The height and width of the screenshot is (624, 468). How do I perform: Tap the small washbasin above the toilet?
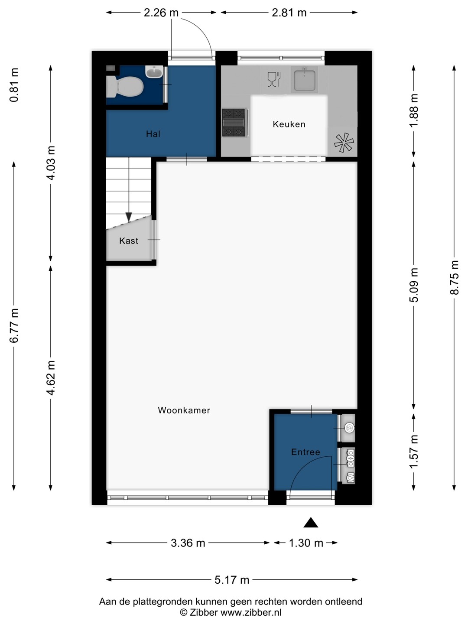click(154, 71)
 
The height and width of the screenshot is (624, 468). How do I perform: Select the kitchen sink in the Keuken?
click(304, 81)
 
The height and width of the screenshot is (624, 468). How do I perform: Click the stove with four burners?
click(234, 123)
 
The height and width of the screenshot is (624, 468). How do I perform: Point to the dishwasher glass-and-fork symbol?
click(274, 79)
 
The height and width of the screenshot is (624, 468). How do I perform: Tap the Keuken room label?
click(289, 124)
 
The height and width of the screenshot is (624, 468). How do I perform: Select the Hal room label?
click(153, 134)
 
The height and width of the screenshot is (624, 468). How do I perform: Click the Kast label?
click(129, 241)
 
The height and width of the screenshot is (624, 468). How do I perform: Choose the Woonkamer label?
click(184, 410)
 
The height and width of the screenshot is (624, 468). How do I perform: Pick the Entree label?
click(306, 452)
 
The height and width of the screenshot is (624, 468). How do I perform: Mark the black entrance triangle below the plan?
click(311, 522)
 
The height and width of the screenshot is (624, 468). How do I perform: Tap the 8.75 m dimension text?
click(455, 278)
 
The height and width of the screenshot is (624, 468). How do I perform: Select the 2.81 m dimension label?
click(289, 13)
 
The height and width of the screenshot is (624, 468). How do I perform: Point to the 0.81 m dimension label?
click(14, 85)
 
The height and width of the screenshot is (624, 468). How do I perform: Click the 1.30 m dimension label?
click(306, 543)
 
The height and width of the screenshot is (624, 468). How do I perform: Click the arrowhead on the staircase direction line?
click(129, 217)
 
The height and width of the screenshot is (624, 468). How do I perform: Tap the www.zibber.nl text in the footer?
click(251, 613)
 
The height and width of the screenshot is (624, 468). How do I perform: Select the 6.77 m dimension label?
click(14, 325)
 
